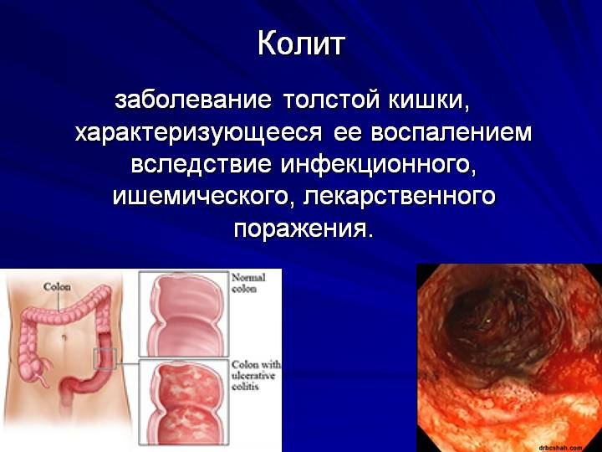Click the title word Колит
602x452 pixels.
301,44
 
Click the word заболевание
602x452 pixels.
193,101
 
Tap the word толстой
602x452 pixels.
331,101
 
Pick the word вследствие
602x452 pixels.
202,165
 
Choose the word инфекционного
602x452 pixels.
378,166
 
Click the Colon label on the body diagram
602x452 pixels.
57,286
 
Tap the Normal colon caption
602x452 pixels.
248,283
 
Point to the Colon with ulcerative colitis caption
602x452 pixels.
256,375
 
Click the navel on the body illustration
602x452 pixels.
64,337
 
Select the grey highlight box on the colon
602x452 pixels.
105,359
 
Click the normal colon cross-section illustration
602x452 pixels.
184,314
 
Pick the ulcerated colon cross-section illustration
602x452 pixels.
184,403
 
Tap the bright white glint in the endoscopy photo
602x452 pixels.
488,319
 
